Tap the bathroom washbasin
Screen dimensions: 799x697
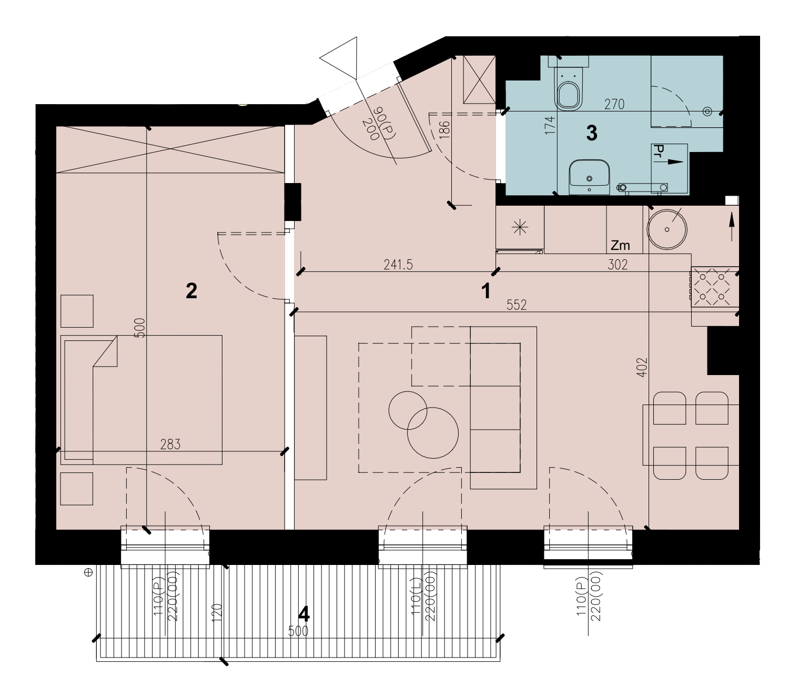pyautogui.click(x=589, y=177)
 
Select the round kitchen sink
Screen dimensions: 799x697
pyautogui.click(x=666, y=229)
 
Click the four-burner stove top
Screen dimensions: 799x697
pyautogui.click(x=715, y=287)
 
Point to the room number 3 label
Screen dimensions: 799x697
pyautogui.click(x=592, y=133)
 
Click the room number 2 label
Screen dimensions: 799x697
pyautogui.click(x=191, y=291)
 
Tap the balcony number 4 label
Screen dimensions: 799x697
pyautogui.click(x=304, y=614)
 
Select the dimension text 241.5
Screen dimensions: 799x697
pyautogui.click(x=398, y=265)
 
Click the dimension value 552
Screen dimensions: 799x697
pyautogui.click(x=516, y=305)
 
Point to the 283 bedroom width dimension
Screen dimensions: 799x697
pyautogui.click(x=170, y=444)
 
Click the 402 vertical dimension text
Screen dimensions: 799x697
pyautogui.click(x=642, y=367)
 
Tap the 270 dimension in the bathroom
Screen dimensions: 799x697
pyautogui.click(x=614, y=104)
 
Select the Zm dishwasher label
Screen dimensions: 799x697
pyautogui.click(x=620, y=245)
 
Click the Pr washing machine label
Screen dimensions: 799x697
pyautogui.click(x=659, y=151)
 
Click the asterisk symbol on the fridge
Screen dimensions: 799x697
pyautogui.click(x=520, y=227)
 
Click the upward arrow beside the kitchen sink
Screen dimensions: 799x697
pyautogui.click(x=732, y=227)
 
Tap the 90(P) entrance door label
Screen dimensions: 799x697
pyautogui.click(x=385, y=123)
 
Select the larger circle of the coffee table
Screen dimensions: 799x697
pyautogui.click(x=433, y=432)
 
